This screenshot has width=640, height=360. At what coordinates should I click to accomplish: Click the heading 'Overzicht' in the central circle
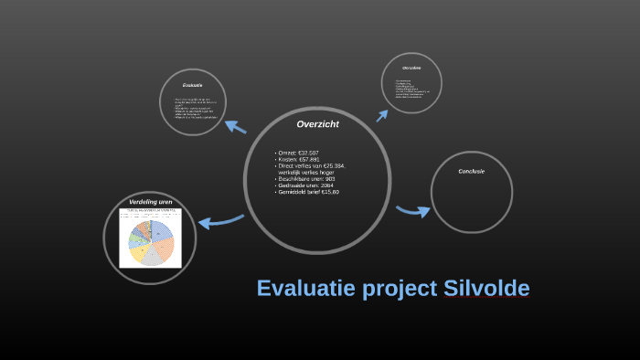click(x=318, y=123)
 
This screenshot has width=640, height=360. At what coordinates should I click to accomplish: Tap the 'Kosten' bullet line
click(x=299, y=159)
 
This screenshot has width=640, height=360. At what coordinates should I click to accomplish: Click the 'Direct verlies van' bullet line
click(x=311, y=165)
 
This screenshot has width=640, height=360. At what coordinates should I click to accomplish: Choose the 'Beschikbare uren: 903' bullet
click(x=307, y=179)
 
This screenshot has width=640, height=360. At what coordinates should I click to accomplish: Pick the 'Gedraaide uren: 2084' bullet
click(x=306, y=185)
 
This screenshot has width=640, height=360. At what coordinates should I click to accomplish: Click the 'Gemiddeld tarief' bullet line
click(x=309, y=192)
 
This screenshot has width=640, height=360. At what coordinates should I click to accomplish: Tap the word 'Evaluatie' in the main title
click(x=307, y=289)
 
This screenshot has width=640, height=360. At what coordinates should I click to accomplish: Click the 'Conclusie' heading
click(x=471, y=171)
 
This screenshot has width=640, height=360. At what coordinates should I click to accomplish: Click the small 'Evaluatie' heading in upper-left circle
click(x=192, y=85)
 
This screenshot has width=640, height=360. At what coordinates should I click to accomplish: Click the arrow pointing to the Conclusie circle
click(x=414, y=212)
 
